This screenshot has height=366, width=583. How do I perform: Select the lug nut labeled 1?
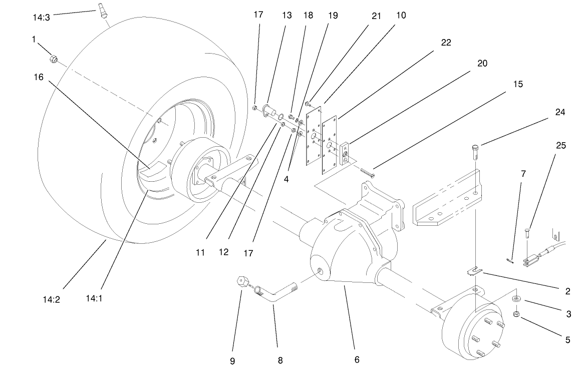tap(53, 60)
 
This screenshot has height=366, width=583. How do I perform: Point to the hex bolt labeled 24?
tap(475, 151)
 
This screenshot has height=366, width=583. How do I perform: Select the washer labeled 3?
tap(516, 299)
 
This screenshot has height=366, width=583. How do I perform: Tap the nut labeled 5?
tap(516, 314)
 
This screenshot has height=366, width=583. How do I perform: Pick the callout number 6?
tap(356, 359)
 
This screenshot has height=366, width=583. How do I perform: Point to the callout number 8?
tap(280, 360)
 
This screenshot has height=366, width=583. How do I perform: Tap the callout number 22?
tap(445, 43)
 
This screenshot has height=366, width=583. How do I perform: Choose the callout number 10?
tap(401, 16)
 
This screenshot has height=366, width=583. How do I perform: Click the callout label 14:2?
tap(52, 300)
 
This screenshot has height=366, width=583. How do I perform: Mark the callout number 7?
tap(523, 174)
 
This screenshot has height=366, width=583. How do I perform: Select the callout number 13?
tap(286, 16)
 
